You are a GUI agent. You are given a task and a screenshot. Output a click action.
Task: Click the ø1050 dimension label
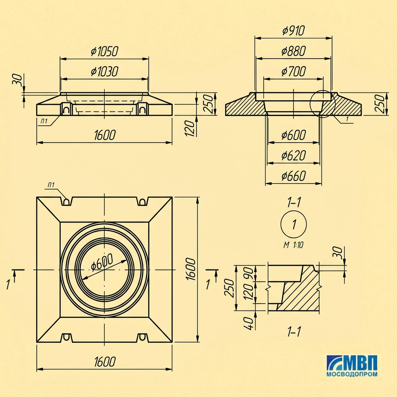105,52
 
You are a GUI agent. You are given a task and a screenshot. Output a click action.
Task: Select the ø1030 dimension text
105,72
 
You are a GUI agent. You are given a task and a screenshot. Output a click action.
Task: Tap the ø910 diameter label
293,31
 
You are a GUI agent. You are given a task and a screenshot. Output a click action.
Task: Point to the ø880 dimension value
294,51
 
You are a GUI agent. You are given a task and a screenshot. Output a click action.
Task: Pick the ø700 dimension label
294,71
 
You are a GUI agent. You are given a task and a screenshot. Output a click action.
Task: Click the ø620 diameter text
294,155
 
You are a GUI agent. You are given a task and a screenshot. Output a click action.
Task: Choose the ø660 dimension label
294,176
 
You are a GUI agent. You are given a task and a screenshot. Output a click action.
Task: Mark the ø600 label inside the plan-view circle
102,262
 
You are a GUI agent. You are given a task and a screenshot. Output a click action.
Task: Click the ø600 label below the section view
294,135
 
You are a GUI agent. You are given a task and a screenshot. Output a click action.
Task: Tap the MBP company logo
352,363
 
